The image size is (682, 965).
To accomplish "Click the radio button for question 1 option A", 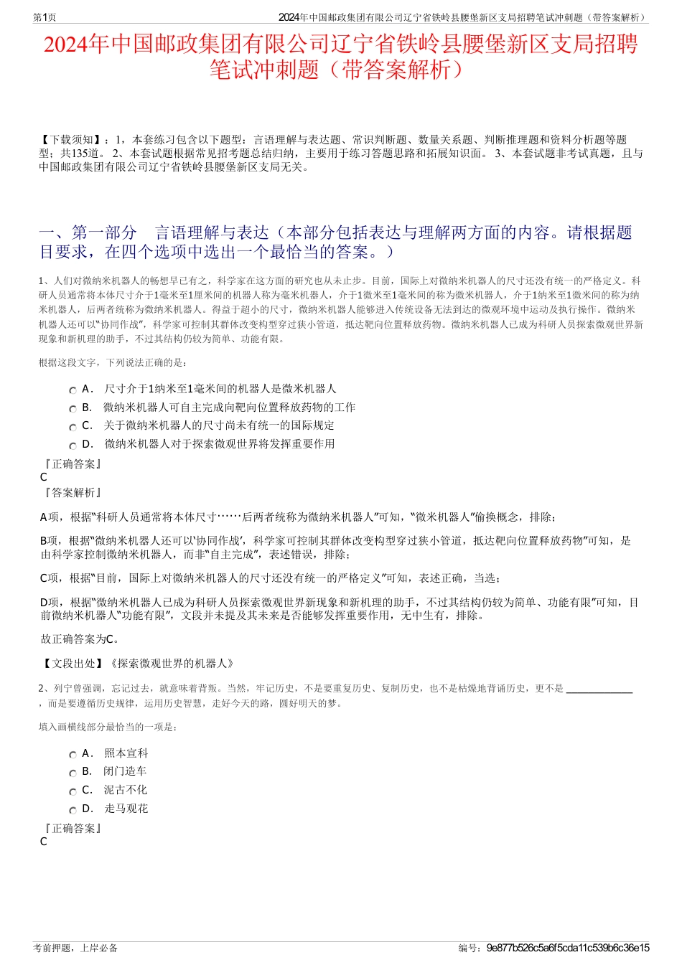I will [x=73, y=390].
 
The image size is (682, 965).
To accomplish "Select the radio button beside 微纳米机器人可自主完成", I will [x=73, y=409].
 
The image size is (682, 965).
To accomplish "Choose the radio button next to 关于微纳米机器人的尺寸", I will [x=73, y=427].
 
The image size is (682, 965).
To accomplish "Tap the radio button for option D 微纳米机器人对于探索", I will [x=73, y=446].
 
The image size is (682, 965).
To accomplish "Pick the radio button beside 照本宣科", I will [x=73, y=755].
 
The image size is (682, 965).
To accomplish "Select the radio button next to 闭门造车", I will [x=73, y=773].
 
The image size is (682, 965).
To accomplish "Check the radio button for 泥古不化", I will [x=73, y=792].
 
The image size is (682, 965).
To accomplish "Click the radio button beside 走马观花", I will [x=73, y=810].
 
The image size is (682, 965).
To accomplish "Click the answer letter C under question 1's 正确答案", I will [x=44, y=477].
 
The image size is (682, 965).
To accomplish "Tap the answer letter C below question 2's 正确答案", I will [x=44, y=842].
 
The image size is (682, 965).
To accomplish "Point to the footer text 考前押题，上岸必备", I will [x=75, y=948].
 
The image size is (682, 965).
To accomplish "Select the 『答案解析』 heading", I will [x=72, y=493].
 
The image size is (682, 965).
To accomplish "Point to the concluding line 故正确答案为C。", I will [x=80, y=639].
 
